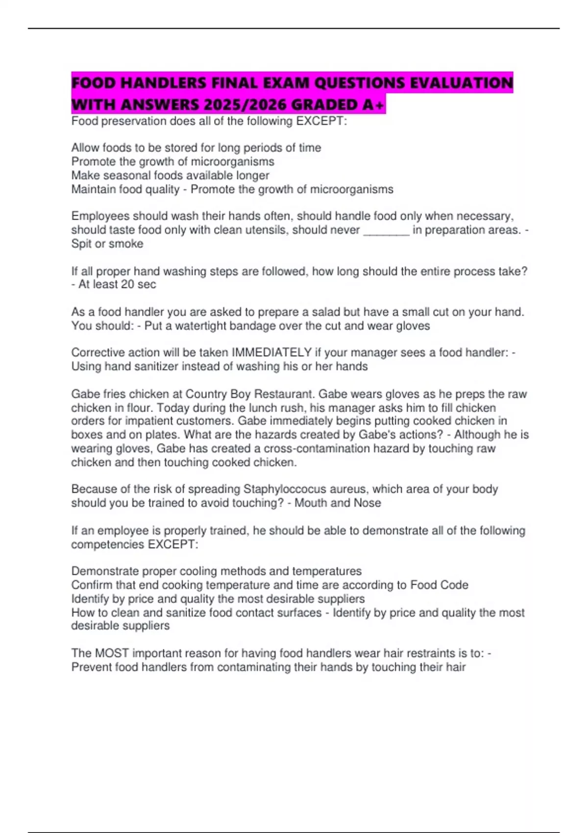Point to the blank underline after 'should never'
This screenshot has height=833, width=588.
386,230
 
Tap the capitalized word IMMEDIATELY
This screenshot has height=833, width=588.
271,353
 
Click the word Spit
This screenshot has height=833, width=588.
82,244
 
